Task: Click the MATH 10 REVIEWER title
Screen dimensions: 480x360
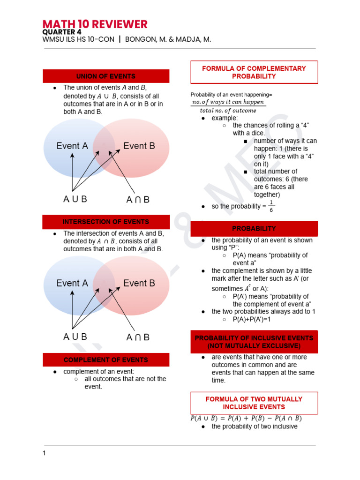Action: point(95,24)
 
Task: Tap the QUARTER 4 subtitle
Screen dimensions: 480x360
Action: point(61,32)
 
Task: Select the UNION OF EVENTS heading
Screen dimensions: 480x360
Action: point(106,76)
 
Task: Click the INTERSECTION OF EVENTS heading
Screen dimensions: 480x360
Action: point(106,222)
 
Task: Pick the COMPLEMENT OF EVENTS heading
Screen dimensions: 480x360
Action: point(106,360)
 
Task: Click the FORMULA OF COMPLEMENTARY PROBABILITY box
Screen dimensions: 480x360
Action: point(254,72)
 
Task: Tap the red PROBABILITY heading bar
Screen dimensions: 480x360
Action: point(254,228)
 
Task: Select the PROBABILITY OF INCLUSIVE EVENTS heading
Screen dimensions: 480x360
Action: point(254,342)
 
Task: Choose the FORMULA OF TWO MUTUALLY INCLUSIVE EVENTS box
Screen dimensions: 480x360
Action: point(254,403)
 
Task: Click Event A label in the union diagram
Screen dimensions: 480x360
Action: point(72,146)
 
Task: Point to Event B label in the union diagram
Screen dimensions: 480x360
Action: point(139,146)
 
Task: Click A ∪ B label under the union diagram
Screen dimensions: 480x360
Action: point(75,199)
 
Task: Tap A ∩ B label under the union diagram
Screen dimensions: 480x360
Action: point(138,200)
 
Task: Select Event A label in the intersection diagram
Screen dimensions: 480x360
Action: point(72,283)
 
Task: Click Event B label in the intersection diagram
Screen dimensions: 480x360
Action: point(139,283)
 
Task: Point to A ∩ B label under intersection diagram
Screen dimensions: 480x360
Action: point(138,337)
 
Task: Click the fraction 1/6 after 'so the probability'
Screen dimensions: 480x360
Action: point(271,206)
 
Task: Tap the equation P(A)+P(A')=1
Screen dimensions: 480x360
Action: point(252,319)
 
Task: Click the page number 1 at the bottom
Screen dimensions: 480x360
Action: point(44,453)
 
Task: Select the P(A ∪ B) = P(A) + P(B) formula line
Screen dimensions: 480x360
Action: point(246,418)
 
